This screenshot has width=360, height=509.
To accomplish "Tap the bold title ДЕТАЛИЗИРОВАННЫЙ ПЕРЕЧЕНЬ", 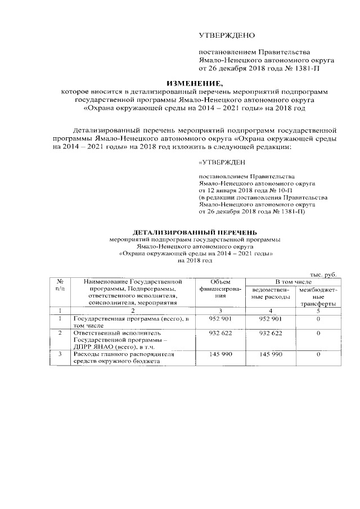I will click(x=195, y=232).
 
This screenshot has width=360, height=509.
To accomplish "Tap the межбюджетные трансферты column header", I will click(x=318, y=295).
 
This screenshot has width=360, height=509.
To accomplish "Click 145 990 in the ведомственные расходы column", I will click(x=270, y=354).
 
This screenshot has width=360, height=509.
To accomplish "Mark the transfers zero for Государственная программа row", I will click(x=318, y=319).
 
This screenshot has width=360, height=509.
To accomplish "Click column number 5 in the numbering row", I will click(x=318, y=310).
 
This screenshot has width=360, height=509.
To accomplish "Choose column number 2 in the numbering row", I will click(x=132, y=310).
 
